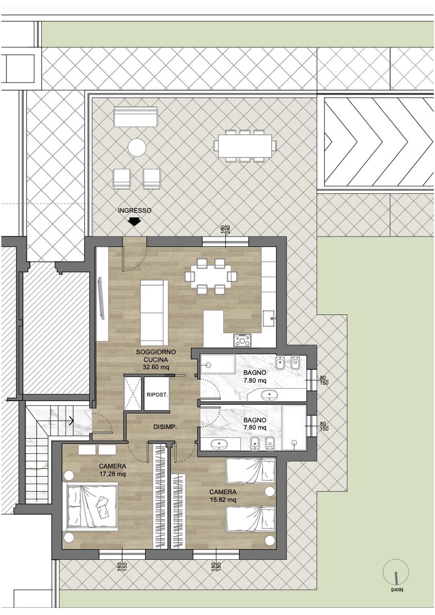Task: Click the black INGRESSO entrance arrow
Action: (x=134, y=222)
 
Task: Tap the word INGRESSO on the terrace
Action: (x=134, y=211)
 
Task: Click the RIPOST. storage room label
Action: (x=157, y=395)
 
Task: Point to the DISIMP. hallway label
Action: (x=165, y=427)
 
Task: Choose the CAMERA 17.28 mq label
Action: (x=112, y=470)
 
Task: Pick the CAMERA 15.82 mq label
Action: (x=223, y=496)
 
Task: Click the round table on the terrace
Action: (x=137, y=148)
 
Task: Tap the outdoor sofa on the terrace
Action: (x=135, y=117)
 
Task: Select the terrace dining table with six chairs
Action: (x=245, y=146)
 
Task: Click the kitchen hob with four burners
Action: (x=242, y=340)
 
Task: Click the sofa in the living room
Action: (x=154, y=312)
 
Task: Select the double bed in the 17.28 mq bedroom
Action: (x=92, y=507)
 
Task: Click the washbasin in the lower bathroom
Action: (x=218, y=445)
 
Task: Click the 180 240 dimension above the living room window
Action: (x=226, y=229)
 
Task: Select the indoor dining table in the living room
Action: (x=211, y=276)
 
